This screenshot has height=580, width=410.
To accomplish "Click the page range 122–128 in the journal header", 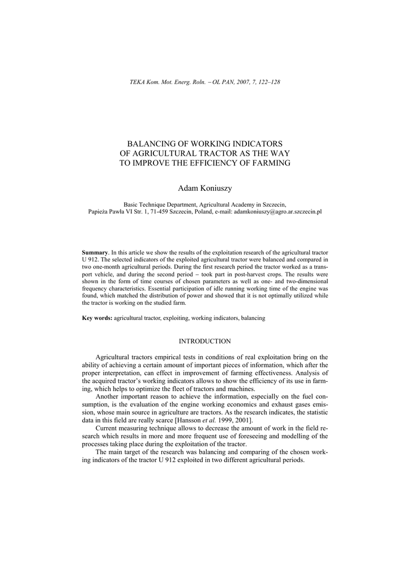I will click(268, 82).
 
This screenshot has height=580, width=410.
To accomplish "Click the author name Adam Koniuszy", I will click(205, 187).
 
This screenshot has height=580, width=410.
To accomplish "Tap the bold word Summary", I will click(95, 251).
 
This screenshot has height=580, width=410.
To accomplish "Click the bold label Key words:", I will click(97, 318).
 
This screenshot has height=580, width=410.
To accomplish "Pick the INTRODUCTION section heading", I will click(205, 342).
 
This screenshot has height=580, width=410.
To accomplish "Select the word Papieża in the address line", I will click(99, 211).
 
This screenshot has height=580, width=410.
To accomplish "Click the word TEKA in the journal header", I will click(138, 82).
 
